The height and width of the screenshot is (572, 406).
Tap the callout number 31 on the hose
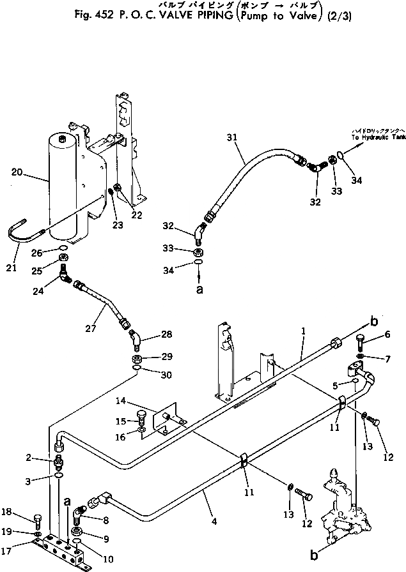(231, 137)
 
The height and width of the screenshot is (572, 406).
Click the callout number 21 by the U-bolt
(11, 267)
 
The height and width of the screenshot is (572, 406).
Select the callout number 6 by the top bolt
(386, 335)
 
